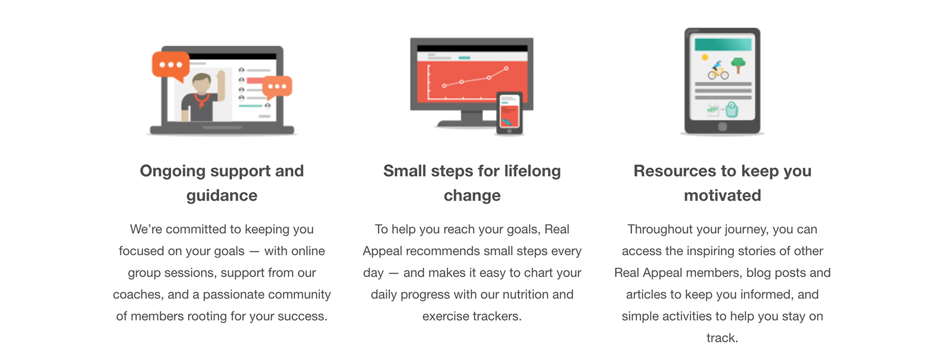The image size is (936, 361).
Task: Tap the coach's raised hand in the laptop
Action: tap(221, 77)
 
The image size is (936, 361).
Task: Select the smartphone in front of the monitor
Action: tap(509, 114)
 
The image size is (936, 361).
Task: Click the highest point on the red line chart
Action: tap(506, 68)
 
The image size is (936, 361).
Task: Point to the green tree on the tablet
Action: tap(738, 65)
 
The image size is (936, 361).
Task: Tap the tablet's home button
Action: tap(722, 127)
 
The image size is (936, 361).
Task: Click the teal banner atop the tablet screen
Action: tap(723, 44)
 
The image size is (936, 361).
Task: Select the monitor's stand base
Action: tap(466, 123)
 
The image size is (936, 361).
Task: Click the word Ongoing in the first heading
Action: tap(172, 171)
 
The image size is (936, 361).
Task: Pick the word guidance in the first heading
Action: tap(222, 196)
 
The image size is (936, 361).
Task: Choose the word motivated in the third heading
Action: tap(722, 195)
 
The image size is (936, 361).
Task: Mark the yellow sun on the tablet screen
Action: tap(705, 57)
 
